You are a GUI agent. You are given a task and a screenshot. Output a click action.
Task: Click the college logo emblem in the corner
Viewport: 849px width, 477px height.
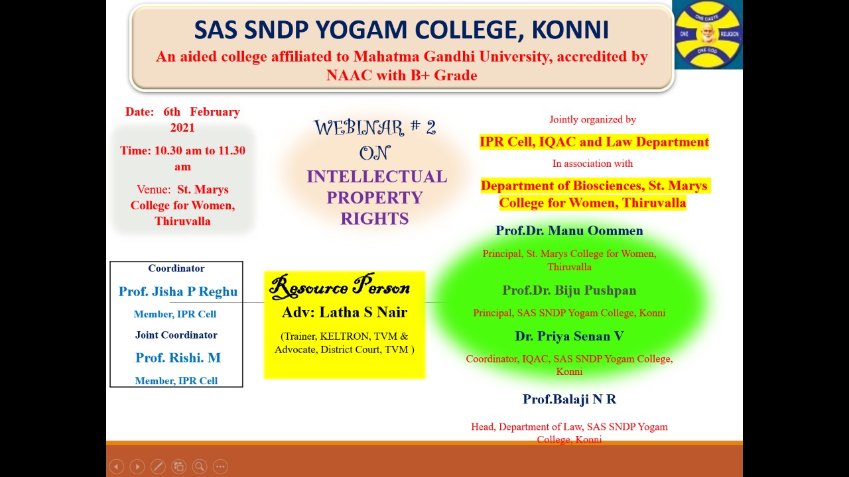tap(708, 34)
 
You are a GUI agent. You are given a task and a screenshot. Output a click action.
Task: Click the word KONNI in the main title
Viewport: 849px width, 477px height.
tap(570, 30)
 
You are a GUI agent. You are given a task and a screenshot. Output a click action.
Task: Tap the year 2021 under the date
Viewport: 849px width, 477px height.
tap(182, 128)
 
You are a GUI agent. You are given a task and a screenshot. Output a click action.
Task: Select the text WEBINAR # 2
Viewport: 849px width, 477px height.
tap(375, 127)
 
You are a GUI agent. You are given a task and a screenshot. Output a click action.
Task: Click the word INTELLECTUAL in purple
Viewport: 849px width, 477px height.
tap(377, 177)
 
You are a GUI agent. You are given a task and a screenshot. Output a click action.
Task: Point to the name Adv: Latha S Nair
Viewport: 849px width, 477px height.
tap(344, 312)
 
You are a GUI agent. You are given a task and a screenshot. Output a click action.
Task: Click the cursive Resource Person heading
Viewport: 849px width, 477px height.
tap(340, 286)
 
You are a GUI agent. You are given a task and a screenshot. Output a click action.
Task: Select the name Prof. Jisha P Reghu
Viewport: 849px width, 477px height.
tap(178, 291)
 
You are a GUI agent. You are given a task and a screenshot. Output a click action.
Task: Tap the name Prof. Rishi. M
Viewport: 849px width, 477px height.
tap(178, 358)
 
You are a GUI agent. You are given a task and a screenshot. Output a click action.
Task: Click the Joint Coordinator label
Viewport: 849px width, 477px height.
tap(176, 335)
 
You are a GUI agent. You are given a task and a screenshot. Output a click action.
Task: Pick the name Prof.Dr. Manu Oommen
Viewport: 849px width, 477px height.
tap(569, 231)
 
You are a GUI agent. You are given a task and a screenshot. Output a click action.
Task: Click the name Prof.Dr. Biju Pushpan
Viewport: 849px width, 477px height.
tap(569, 290)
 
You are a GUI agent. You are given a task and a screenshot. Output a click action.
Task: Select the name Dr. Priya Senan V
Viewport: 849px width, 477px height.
tap(569, 336)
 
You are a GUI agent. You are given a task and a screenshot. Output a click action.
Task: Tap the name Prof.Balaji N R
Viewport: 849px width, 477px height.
tap(569, 399)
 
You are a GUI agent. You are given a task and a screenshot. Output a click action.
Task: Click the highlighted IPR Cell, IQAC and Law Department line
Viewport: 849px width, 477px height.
tap(594, 142)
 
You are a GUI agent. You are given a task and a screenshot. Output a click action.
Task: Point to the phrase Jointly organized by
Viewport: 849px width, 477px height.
tap(592, 120)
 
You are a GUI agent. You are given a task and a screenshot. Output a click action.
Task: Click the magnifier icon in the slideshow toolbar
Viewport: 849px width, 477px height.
tap(200, 466)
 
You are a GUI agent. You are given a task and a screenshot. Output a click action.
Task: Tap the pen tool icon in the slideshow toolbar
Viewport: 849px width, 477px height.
tap(158, 466)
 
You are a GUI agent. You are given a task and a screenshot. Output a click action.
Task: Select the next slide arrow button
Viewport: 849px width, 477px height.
tap(137, 466)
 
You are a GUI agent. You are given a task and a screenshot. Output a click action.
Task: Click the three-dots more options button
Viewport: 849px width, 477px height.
tap(221, 466)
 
